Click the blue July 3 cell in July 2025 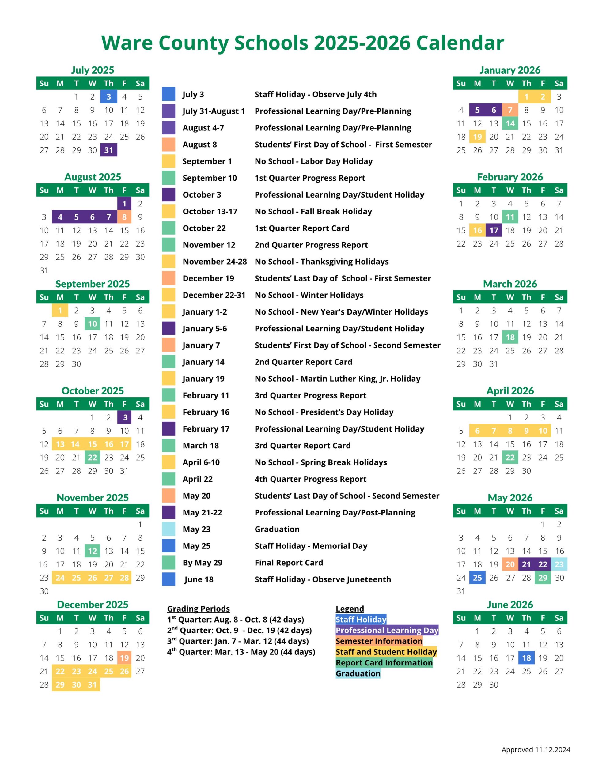108,96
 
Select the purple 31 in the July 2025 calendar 108,150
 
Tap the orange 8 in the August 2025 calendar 124,217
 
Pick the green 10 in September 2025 92,324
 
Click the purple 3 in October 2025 125,417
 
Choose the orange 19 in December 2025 124,658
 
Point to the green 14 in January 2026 510,123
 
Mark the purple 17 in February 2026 494,230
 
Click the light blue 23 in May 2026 559,564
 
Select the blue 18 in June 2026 526,658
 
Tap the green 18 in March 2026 510,337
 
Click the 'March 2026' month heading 510,284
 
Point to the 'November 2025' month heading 93,498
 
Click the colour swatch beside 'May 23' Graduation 169,529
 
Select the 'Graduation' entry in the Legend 358,673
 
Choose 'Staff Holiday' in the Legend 361,619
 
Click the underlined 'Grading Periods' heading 198,609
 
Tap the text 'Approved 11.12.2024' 536,749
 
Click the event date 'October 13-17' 210,211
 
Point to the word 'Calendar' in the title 460,43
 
